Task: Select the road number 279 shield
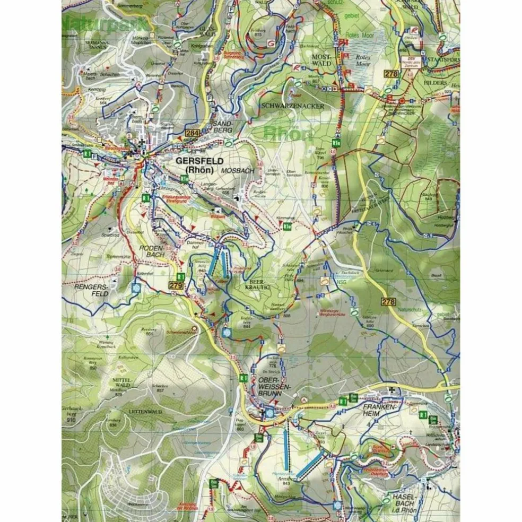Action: [177, 286]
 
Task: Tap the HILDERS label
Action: [436, 83]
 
